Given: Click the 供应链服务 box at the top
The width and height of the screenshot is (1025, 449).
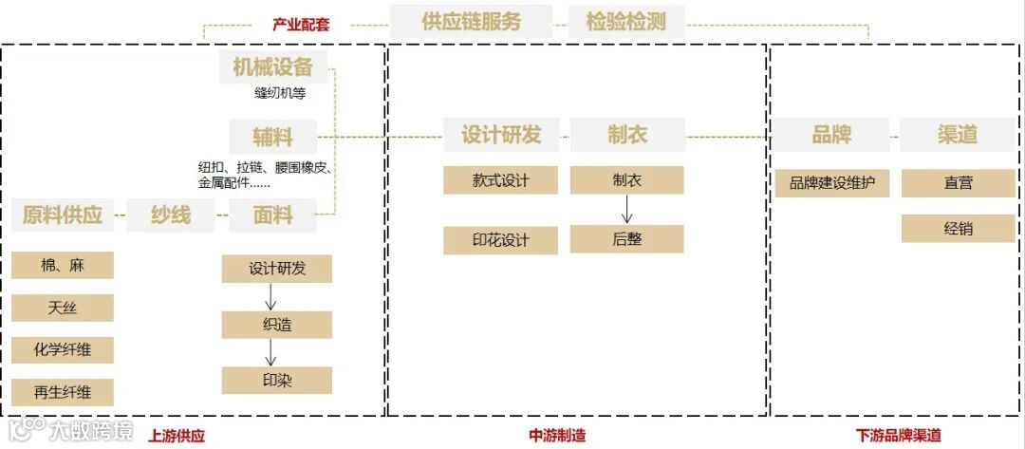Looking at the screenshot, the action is point(471,22).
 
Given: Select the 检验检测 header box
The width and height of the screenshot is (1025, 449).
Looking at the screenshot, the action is point(626,22).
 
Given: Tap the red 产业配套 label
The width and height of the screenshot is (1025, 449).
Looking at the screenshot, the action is point(301,25).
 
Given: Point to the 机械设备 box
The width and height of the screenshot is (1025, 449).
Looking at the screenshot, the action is point(272,66).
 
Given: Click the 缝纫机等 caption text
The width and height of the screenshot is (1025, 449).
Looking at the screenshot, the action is point(280,93).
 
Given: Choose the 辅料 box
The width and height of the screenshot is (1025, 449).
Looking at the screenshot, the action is point(273,136).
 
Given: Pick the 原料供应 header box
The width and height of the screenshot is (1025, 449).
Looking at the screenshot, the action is point(63,215).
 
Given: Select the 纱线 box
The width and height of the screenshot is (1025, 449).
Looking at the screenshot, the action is point(171,215).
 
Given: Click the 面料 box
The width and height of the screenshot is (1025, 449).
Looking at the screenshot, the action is point(272,215).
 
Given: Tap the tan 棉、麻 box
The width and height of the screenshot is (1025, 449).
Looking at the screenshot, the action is point(63,266).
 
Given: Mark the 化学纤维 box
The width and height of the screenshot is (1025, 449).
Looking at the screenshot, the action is point(63,349).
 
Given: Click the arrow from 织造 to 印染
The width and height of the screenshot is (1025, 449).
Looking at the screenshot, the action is point(271,352).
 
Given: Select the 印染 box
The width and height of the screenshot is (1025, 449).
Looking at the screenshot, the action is point(277,380).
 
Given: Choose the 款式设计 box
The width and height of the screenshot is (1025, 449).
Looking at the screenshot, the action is point(500,180).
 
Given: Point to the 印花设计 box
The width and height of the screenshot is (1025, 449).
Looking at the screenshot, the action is point(500,240).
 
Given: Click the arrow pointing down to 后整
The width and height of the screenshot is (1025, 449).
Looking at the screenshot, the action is point(626,209).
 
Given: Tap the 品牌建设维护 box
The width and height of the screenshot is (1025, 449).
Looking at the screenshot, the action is point(832,183).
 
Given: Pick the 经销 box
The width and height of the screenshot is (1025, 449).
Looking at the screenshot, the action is point(958,229).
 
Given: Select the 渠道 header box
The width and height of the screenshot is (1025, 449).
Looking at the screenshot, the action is point(958,135).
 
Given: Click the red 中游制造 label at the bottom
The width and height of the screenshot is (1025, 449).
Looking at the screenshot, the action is point(557,436).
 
